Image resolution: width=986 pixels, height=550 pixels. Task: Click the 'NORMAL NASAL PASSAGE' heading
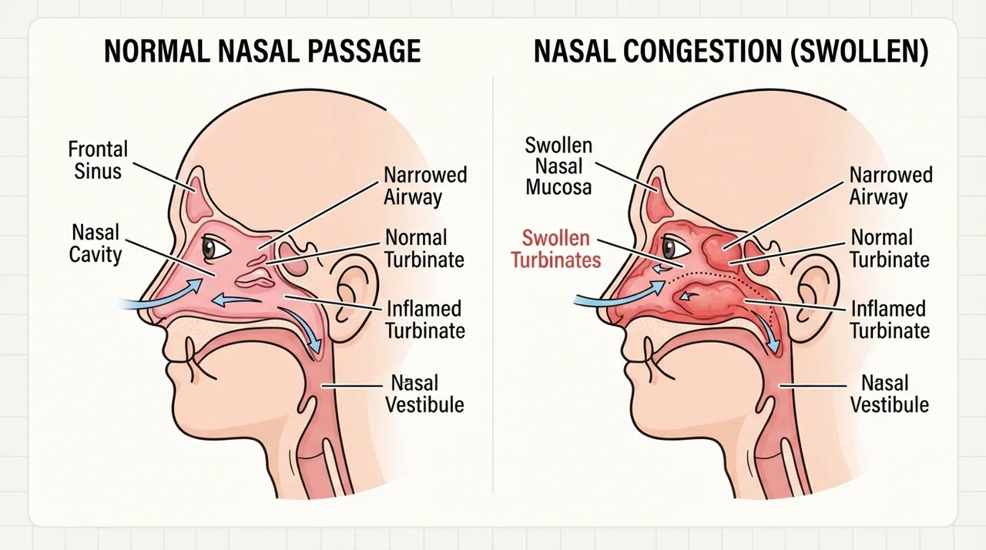pos(263,52)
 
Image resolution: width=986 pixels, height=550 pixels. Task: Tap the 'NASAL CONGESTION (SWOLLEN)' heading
pos(731,52)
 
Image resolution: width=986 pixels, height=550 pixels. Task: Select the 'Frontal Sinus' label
pos(98,160)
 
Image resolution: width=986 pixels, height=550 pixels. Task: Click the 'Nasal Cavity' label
pos(95,243)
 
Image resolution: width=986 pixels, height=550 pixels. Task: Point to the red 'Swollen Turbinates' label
pos(556,249)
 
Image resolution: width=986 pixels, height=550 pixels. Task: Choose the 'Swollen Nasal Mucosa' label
pos(558,166)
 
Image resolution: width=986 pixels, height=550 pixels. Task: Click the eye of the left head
pos(216,249)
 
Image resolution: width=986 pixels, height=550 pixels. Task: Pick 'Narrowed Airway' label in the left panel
pos(425,186)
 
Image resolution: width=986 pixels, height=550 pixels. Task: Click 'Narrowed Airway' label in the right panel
pos(891,186)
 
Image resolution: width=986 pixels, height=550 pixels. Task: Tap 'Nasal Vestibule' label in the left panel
pos(424,394)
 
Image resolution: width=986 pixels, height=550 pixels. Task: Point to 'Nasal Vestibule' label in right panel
pos(890,394)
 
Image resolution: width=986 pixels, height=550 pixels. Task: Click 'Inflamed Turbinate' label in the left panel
pos(425,320)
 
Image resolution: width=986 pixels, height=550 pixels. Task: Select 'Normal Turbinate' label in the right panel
pos(890,249)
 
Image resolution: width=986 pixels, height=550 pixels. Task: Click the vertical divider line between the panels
pos(493,283)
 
